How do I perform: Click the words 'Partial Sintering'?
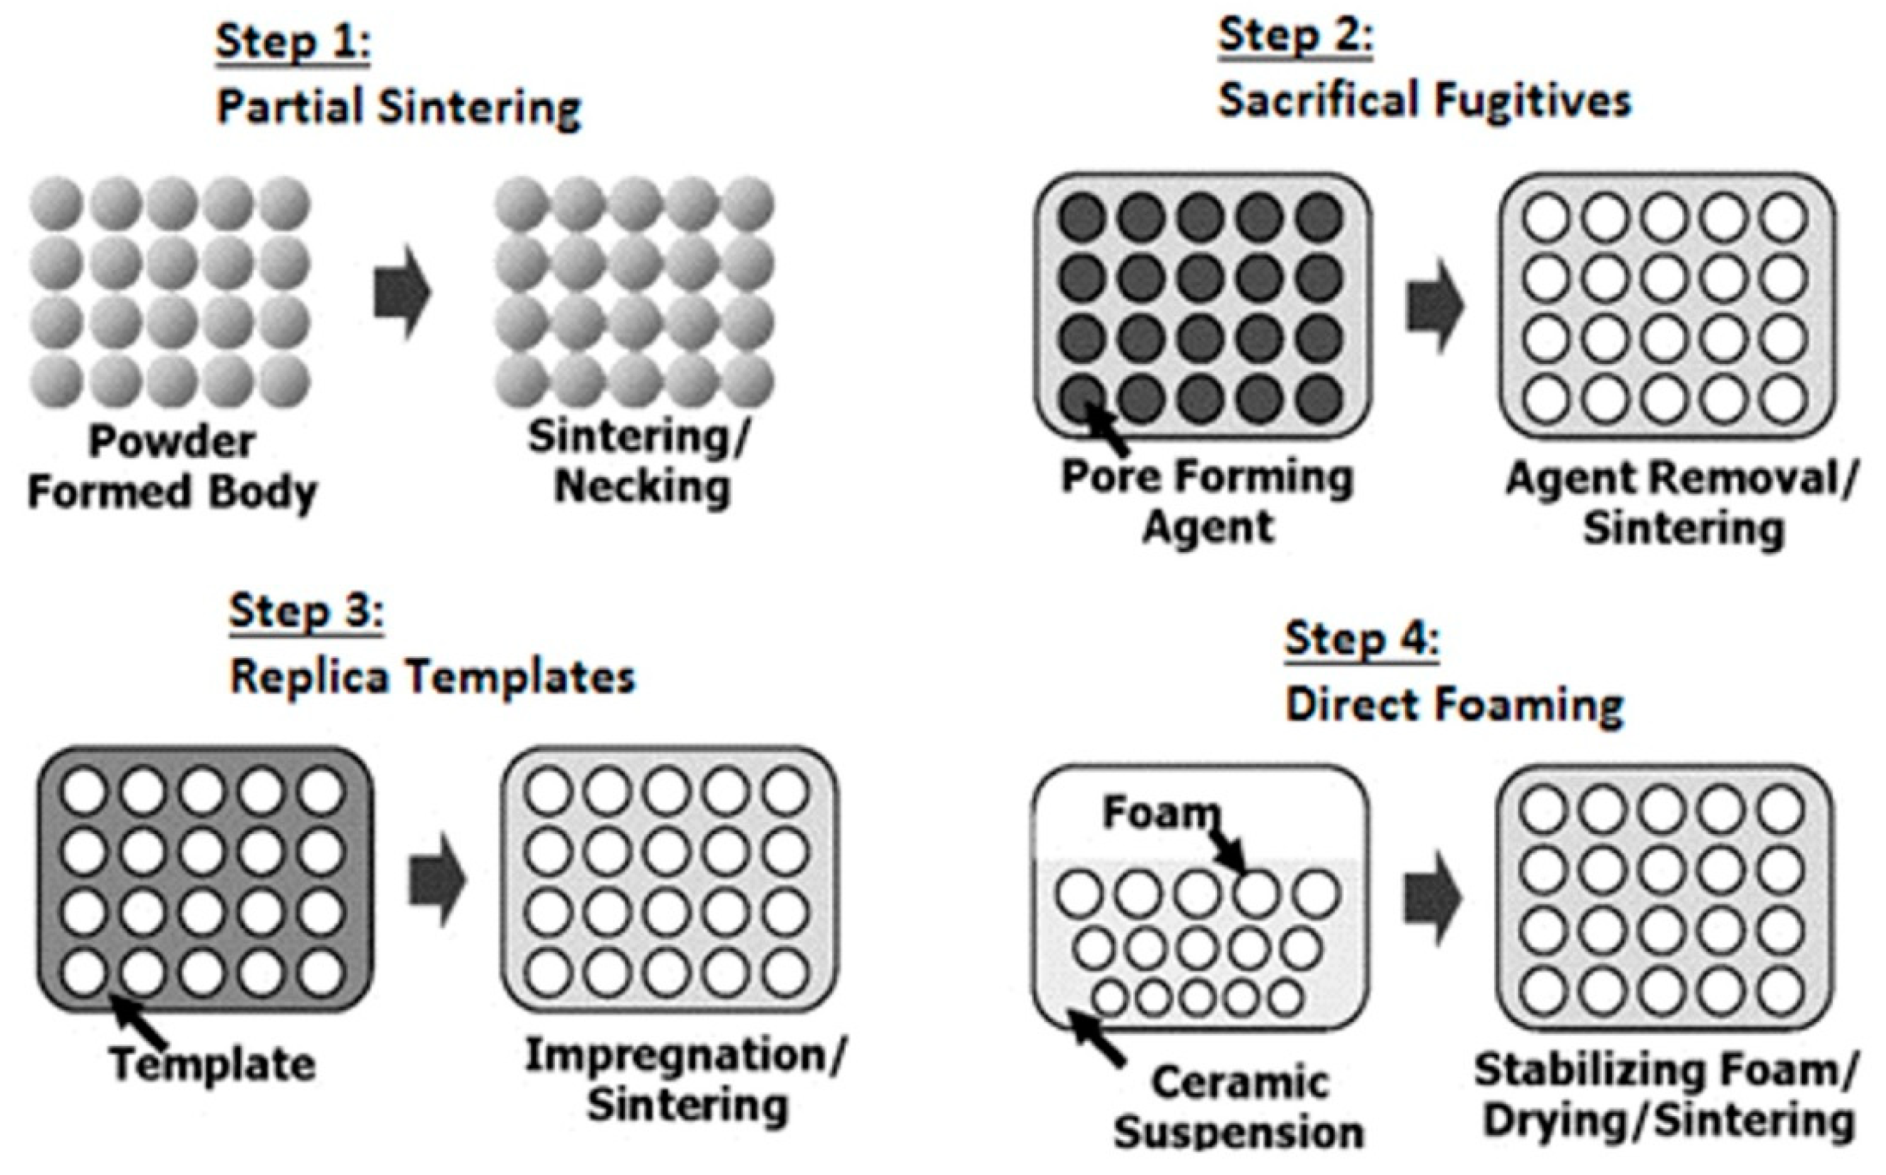(399, 107)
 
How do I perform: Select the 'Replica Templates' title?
(432, 677)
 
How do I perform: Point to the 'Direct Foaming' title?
(1454, 706)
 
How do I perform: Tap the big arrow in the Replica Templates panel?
(437, 880)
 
